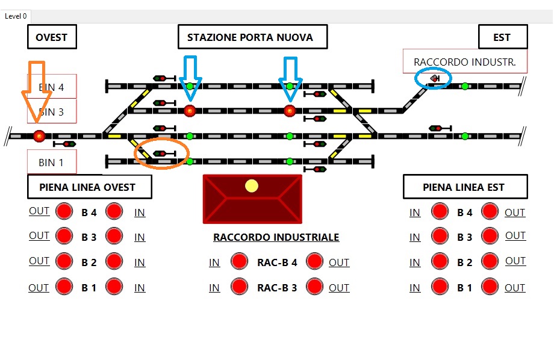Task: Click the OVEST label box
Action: [52, 37]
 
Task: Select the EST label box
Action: [503, 37]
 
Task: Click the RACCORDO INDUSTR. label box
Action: [465, 61]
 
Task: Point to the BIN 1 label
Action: [52, 162]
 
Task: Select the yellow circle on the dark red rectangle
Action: [252, 186]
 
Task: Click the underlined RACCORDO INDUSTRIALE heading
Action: [276, 237]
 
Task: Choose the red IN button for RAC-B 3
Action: [239, 287]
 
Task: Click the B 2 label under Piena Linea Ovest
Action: [89, 262]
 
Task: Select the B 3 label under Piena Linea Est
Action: [465, 237]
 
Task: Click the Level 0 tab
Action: [16, 16]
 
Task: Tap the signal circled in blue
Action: [435, 78]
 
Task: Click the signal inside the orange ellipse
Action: [164, 154]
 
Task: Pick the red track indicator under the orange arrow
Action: [39, 136]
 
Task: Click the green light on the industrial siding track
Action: [465, 86]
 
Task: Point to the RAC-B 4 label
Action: [277, 262]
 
